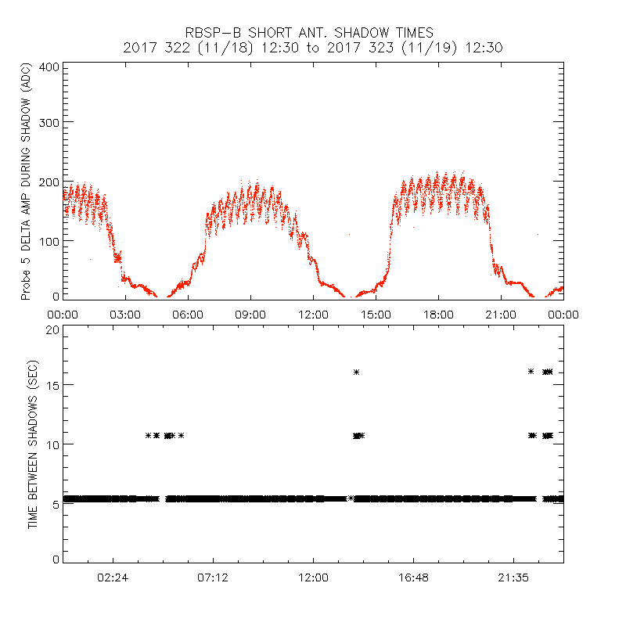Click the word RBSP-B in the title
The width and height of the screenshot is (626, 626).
212,33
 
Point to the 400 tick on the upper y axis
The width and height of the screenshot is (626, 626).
49,67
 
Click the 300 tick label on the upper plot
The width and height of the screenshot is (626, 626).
49,123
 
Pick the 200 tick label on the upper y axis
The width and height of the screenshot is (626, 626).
49,182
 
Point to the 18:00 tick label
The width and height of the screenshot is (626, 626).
438,315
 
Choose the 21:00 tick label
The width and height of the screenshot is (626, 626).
501,315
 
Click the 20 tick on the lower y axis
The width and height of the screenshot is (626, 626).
52,329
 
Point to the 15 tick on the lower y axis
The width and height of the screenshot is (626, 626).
52,385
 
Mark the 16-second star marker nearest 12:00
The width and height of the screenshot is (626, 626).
356,372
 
